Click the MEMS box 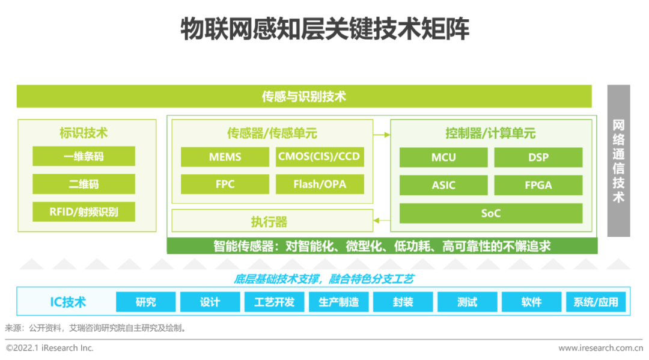pos(225,157)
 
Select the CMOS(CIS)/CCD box pos(320,157)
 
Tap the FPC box pos(225,184)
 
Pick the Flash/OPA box pos(320,184)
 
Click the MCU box pos(443,157)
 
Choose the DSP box pos(538,157)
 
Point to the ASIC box pos(443,185)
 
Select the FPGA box pos(538,185)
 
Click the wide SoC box pos(491,213)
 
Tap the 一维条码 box pos(84,156)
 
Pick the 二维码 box pos(84,184)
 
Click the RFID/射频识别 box pos(84,212)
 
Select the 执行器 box pos(269,221)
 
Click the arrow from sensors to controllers pos(381,134)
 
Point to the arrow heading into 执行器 pos(381,221)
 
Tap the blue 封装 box pos(403,302)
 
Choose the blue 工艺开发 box pos(275,302)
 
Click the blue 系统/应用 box pos(596,302)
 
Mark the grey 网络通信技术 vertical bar pos(618,160)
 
